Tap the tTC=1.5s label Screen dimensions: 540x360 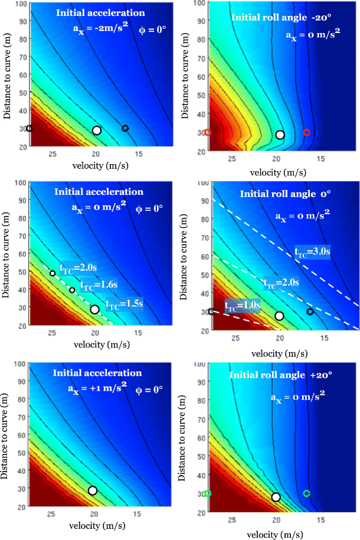pyautogui.click(x=125, y=305)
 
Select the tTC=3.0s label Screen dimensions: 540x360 pyautogui.click(x=312, y=251)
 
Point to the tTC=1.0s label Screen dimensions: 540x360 pyautogui.click(x=243, y=305)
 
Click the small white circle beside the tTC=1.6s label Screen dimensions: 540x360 pyautogui.click(x=72, y=290)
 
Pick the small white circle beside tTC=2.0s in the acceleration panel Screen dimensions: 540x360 pyautogui.click(x=53, y=273)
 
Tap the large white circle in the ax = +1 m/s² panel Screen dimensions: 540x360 pyautogui.click(x=93, y=490)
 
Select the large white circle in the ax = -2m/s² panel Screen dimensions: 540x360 pyautogui.click(x=97, y=130)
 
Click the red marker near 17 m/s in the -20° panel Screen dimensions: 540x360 pyautogui.click(x=306, y=132)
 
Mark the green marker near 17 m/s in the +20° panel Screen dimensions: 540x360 pyautogui.click(x=306, y=493)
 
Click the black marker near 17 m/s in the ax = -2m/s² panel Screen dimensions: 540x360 pyautogui.click(x=125, y=129)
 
